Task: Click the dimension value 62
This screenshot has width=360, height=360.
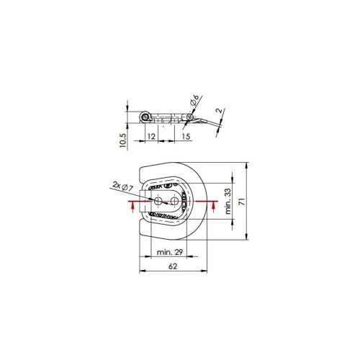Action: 173,266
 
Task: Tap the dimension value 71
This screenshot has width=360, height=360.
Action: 243,202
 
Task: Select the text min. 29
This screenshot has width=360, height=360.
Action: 170,252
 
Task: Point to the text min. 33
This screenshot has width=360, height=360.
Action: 228,201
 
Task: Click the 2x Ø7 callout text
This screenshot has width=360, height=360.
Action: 122,186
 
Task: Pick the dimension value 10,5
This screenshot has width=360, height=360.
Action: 122,140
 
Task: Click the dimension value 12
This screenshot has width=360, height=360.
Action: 151,137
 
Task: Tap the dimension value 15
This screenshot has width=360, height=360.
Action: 186,137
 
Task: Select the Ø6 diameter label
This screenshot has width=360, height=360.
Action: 194,100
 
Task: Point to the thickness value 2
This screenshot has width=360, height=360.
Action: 219,111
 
